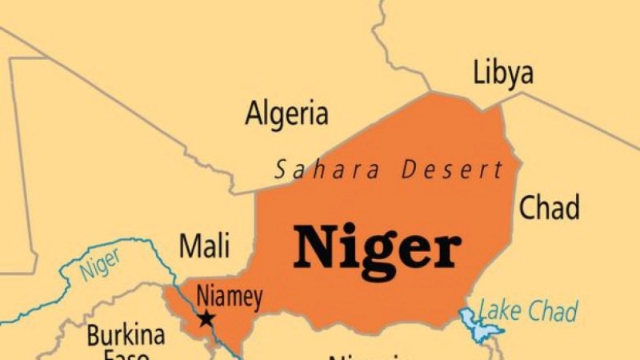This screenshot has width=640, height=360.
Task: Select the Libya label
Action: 502,73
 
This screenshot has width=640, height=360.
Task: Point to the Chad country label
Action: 549,207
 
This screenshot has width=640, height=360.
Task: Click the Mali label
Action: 204,246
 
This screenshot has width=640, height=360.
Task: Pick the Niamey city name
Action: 230,298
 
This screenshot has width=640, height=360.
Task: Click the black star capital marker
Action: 206,318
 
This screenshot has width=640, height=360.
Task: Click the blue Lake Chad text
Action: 528,310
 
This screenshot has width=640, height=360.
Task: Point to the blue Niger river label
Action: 99,265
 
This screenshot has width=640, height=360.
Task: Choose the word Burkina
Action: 126,336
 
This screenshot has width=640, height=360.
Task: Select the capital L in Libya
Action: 478,73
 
